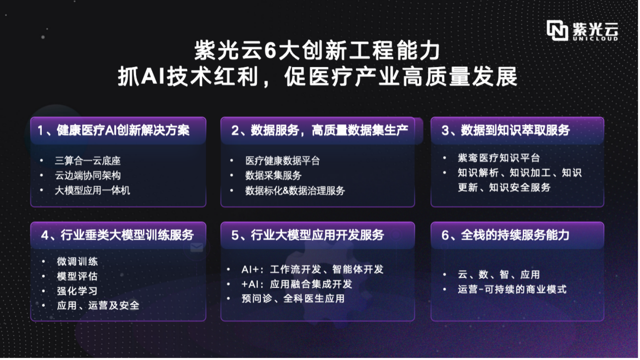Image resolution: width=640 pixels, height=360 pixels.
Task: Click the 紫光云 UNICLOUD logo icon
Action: tap(557, 30)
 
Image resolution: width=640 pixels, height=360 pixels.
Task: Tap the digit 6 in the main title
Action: tap(270, 51)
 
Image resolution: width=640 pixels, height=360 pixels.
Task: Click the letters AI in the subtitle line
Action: tap(153, 77)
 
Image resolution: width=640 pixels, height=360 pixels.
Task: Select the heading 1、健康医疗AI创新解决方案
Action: tap(113, 130)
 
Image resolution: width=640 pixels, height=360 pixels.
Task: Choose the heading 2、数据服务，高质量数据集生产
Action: tap(320, 130)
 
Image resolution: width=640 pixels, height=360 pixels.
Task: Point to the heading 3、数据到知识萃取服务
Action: tap(506, 130)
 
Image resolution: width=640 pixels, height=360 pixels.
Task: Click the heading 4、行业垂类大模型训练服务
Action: tap(117, 235)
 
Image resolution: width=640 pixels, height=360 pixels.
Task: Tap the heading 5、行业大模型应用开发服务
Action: tap(308, 235)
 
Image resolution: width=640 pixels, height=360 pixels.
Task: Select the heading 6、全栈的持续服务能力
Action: tap(506, 235)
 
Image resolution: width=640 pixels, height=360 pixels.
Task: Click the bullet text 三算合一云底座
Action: tap(88, 161)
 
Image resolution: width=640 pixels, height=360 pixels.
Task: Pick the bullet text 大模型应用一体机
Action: tap(92, 190)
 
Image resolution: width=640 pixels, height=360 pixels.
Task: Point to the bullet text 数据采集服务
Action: tap(273, 175)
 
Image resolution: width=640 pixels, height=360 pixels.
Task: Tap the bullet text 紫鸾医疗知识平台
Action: tap(499, 158)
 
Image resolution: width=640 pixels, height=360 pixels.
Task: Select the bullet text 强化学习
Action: tap(77, 291)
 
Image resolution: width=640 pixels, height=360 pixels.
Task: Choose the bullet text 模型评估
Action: tap(77, 276)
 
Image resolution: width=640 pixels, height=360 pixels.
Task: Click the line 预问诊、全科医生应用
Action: tap(293, 299)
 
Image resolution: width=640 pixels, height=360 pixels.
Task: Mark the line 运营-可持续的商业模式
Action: tap(512, 290)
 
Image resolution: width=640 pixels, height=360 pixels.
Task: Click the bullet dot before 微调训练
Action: tap(43, 261)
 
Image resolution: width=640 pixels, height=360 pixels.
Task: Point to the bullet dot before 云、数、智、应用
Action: tap(445, 274)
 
